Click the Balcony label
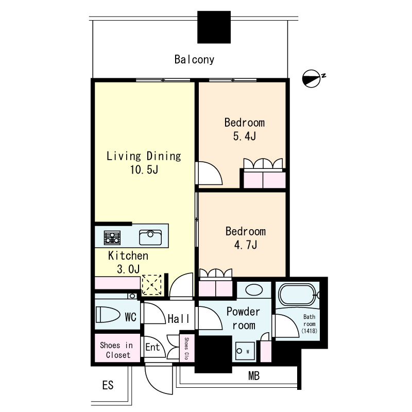pyautogui.click(x=194, y=60)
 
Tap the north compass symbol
pyautogui.click(x=312, y=79)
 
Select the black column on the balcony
pyautogui.click(x=214, y=27)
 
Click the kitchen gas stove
pyautogui.click(x=112, y=237)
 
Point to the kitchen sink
pyautogui.click(x=150, y=237)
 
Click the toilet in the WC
pyautogui.click(x=108, y=314)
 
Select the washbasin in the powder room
pyautogui.click(x=254, y=290)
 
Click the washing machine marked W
pyautogui.click(x=245, y=351)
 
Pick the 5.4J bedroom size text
pyautogui.click(x=244, y=136)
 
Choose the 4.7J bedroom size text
pyautogui.click(x=246, y=245)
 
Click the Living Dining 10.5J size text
pyautogui.click(x=144, y=169)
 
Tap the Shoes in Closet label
pyautogui.click(x=116, y=350)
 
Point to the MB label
pyautogui.click(x=254, y=376)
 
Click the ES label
pyautogui.click(x=108, y=385)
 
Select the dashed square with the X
pyautogui.click(x=151, y=285)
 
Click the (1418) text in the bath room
pyautogui.click(x=310, y=331)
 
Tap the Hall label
pyautogui.click(x=178, y=319)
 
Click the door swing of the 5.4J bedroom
pyautogui.click(x=210, y=173)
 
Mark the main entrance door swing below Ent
pyautogui.click(x=158, y=379)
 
